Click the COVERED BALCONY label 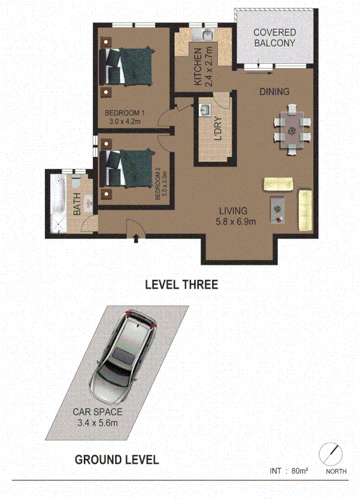(275, 37)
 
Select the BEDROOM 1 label (124, 113)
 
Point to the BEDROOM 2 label (158, 184)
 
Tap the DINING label (274, 92)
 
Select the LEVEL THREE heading (180, 284)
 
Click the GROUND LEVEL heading (117, 459)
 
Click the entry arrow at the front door (136, 238)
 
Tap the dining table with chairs (292, 130)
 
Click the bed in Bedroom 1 (128, 67)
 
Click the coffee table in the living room (278, 206)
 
